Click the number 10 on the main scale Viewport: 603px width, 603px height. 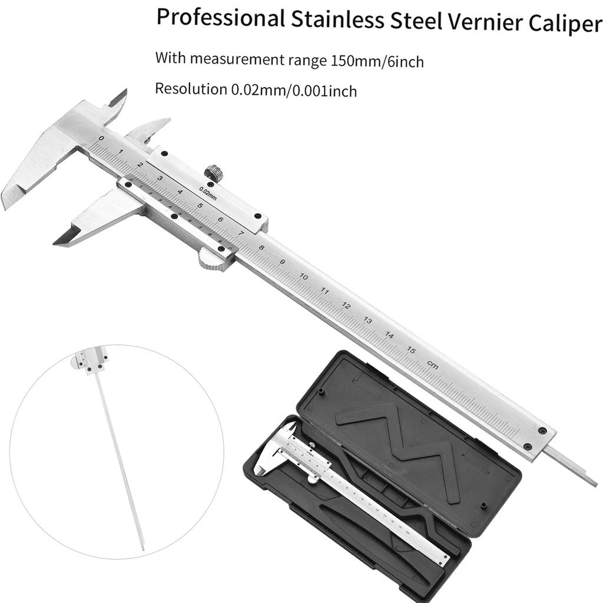coord(304,276)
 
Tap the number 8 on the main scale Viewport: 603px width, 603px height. coord(261,247)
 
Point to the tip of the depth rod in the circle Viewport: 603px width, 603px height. coord(142,548)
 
